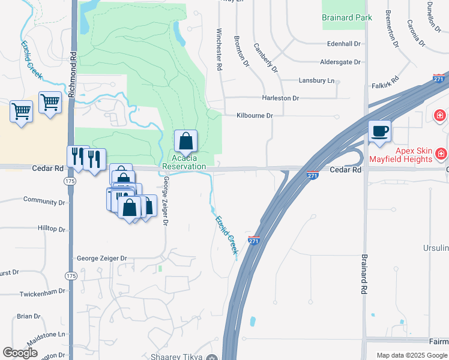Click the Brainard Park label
point(346,17)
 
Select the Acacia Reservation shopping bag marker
point(186,142)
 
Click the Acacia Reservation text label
point(184,162)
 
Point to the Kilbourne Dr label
point(255,115)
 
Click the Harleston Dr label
point(280,98)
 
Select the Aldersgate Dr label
point(340,62)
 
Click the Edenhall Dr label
point(343,44)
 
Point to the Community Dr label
point(44,200)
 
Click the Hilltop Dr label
point(51,229)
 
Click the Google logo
point(20,353)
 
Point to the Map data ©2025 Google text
point(411,355)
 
